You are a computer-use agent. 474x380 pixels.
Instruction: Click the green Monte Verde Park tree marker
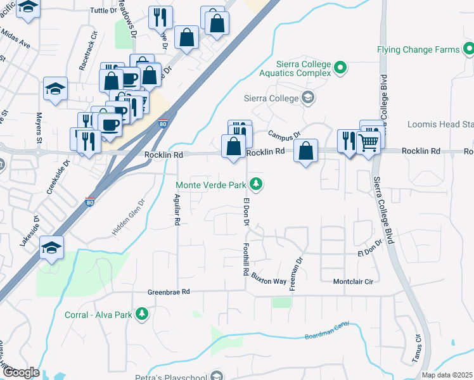[x=256, y=184]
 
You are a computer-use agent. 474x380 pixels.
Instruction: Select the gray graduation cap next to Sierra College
[x=307, y=98]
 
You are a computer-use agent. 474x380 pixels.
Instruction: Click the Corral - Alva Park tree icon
[x=143, y=313]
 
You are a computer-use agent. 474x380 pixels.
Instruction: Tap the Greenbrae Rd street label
[x=169, y=292]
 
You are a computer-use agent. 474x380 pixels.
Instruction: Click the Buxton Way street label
[x=269, y=279]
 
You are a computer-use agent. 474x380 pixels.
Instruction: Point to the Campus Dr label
[x=283, y=135]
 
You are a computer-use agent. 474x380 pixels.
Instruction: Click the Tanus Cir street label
[x=418, y=348]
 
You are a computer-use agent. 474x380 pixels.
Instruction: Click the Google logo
[x=20, y=372]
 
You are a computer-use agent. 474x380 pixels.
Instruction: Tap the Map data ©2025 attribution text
[x=447, y=375]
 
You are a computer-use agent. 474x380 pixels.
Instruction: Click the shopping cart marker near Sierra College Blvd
[x=368, y=143]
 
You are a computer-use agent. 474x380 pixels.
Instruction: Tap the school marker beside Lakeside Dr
[x=51, y=247]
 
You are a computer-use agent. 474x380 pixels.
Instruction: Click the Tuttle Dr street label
[x=104, y=11]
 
